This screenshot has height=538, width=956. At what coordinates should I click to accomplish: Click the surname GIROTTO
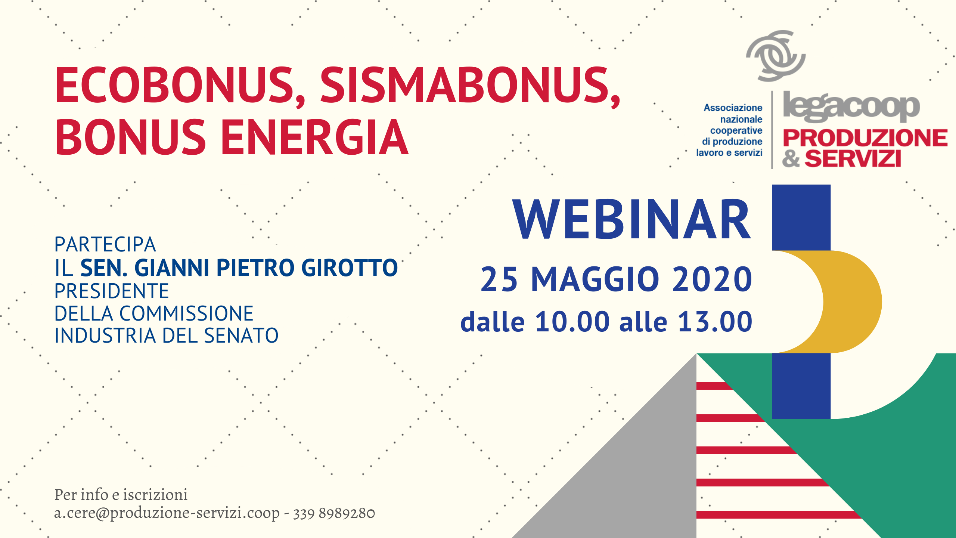pyautogui.click(x=350, y=268)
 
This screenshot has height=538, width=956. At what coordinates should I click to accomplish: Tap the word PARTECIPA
pyautogui.click(x=105, y=245)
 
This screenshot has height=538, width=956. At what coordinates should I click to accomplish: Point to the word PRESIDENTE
pyautogui.click(x=112, y=291)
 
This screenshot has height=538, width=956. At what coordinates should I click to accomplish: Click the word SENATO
pyautogui.click(x=241, y=336)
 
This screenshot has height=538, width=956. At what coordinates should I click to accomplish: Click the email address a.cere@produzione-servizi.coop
pyautogui.click(x=167, y=513)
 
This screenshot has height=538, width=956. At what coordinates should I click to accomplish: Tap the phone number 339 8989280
pyautogui.click(x=334, y=513)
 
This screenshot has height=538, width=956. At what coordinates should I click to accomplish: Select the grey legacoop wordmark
pyautogui.click(x=851, y=107)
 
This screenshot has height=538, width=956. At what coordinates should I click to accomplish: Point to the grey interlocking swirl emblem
pyautogui.click(x=776, y=56)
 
